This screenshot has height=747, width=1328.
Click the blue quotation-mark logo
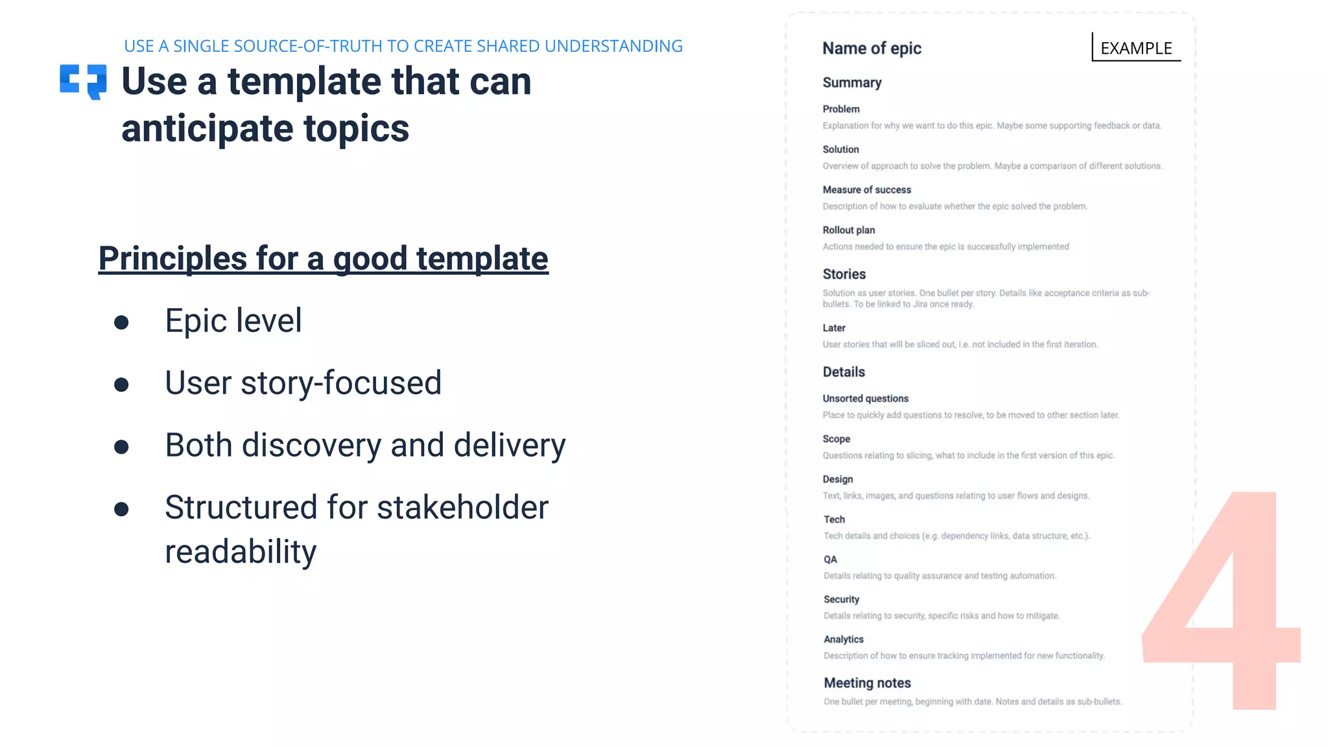pos(83,81)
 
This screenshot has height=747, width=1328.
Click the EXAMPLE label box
pos(1136,48)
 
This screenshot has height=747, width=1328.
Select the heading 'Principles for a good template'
pos(323,258)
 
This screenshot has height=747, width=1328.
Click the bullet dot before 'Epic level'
pos(121,322)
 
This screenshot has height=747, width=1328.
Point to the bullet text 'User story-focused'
pos(303,383)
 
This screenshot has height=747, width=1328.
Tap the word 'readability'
pos(241,552)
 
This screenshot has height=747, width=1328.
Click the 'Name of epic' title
pos(871,49)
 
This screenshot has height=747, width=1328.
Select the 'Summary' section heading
pos(852,82)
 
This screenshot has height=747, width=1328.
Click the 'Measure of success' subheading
pos(866,190)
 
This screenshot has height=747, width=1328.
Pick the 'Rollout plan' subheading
pos(848,230)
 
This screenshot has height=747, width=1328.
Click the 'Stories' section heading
pos(844,274)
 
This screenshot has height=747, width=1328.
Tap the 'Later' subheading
pos(834,328)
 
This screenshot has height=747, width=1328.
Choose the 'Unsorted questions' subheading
pos(865,399)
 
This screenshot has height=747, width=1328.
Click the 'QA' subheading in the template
pos(830,560)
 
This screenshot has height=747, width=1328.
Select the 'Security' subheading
pos(841,600)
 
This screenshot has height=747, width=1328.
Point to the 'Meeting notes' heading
pos(867,683)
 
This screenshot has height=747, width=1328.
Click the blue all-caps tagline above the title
pos(403,46)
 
